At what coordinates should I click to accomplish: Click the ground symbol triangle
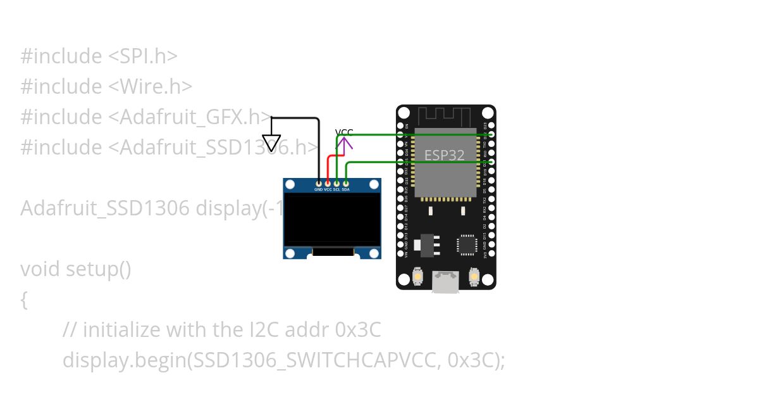[271, 142]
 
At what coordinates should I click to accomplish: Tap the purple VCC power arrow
[345, 145]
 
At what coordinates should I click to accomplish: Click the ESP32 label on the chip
[444, 155]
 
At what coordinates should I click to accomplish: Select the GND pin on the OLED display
[318, 183]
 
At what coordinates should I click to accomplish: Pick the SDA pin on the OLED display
[345, 183]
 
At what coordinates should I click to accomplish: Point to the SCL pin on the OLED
[336, 183]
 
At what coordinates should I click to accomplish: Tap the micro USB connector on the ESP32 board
[446, 282]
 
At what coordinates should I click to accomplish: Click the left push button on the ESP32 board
[417, 277]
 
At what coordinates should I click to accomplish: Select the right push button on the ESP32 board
[474, 277]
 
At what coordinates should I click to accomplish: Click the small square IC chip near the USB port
[467, 244]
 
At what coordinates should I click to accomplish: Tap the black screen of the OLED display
[332, 219]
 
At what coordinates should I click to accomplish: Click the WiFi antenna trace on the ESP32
[447, 117]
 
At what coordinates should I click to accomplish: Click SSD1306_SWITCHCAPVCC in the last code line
[314, 360]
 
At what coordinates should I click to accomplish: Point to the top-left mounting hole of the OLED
[290, 185]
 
